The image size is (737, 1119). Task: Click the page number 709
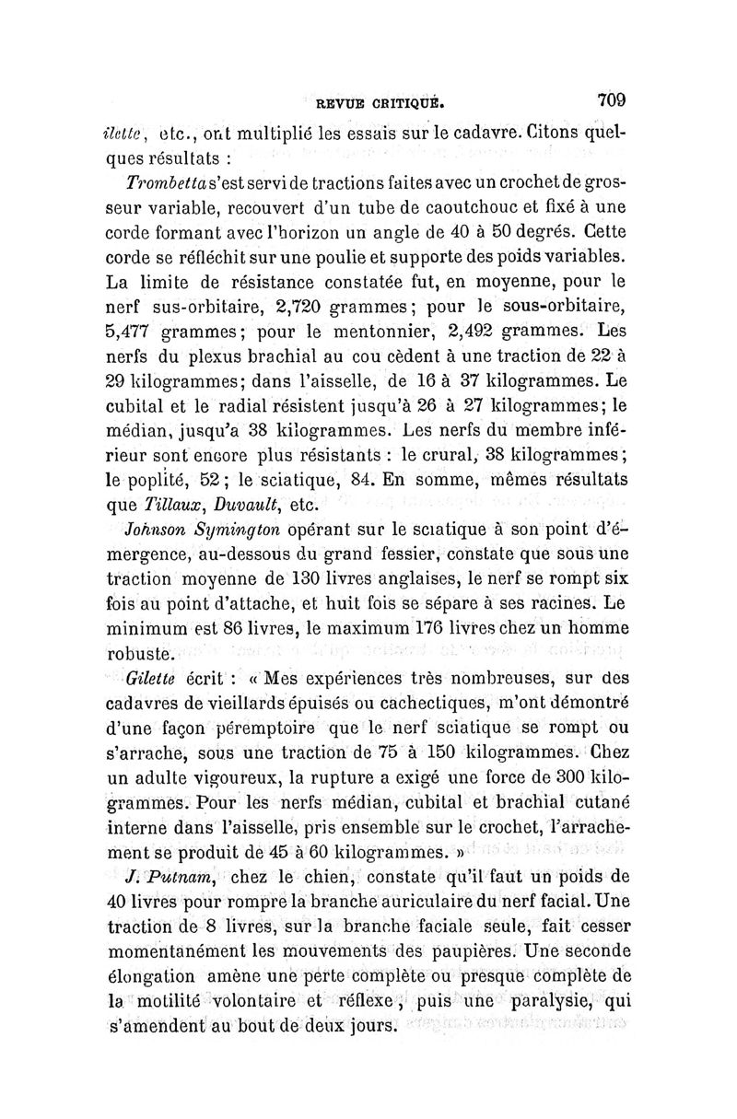(611, 98)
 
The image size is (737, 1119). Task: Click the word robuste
(151, 656)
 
